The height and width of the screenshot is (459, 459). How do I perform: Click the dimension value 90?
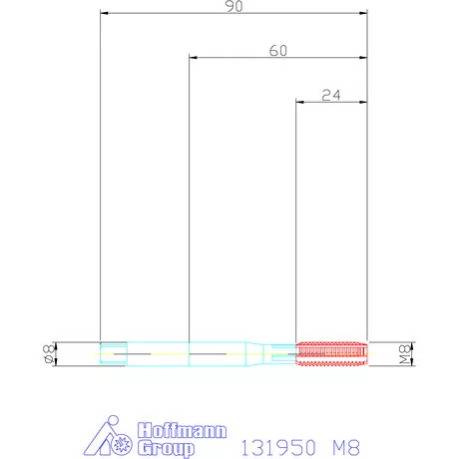tap(234, 6)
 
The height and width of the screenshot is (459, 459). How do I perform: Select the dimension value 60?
tap(278, 51)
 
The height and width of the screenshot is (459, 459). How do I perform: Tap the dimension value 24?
tap(331, 96)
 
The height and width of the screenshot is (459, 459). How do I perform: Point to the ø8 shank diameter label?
tap(49, 354)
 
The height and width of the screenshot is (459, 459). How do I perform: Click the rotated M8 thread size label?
tap(405, 354)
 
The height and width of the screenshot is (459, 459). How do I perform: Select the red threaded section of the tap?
tap(331, 353)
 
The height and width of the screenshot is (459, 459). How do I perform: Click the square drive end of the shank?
tap(114, 354)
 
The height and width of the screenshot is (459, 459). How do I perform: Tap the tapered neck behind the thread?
tap(254, 354)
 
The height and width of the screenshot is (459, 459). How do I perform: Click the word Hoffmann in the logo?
tap(183, 431)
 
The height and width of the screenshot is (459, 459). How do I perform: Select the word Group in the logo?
tap(167, 448)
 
